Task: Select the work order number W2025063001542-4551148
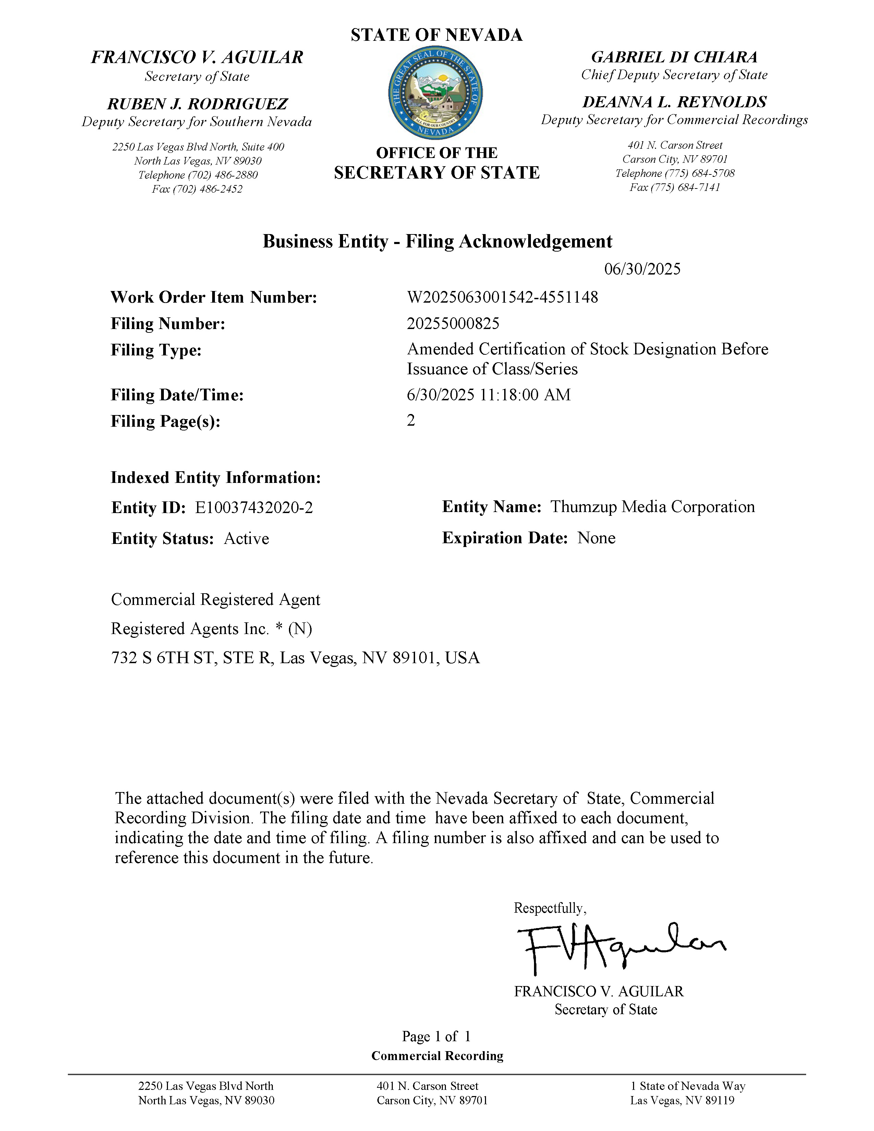tap(502, 297)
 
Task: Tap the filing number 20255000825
tap(453, 324)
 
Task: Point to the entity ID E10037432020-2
tap(254, 508)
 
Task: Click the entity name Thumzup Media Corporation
tap(652, 507)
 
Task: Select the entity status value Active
tap(246, 538)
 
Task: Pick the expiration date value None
tap(596, 538)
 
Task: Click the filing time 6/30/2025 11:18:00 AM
tap(489, 394)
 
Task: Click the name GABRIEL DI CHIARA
tap(674, 57)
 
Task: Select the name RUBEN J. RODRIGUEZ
tap(197, 104)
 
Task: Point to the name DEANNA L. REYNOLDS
tap(675, 102)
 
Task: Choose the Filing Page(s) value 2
tap(411, 421)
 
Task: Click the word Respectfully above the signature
tap(549, 908)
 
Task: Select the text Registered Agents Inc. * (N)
tap(211, 629)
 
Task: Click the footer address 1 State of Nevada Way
tap(688, 1086)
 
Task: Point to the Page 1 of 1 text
tap(436, 1036)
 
